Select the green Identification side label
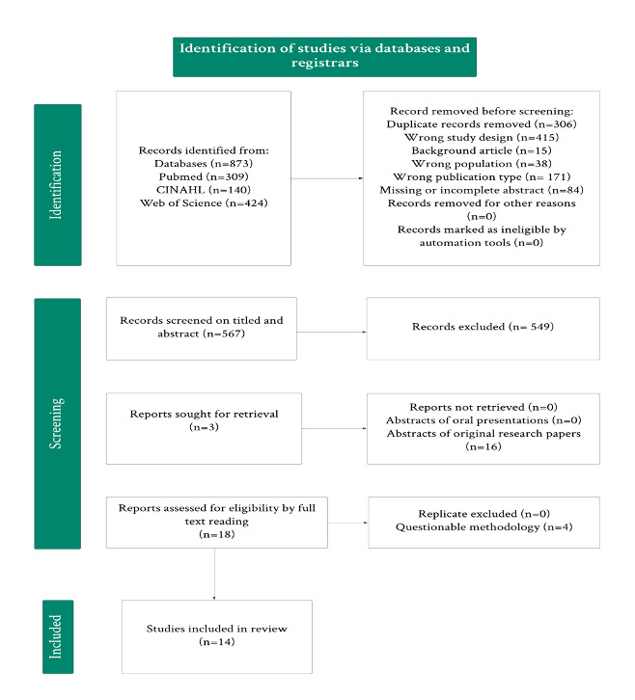[57, 184]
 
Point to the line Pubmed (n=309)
[203, 178]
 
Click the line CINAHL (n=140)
[203, 191]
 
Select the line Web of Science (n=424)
[203, 204]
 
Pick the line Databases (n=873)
[203, 165]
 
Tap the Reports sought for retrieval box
[204, 427]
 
